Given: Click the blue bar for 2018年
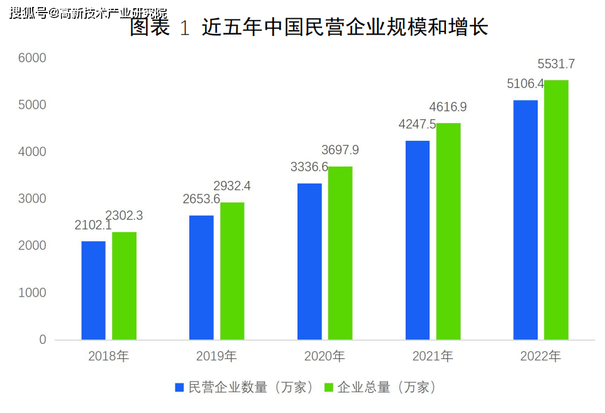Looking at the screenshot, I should coord(94,290).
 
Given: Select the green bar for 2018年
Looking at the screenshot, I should coord(125,286).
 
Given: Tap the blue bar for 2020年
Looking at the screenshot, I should coord(309,262).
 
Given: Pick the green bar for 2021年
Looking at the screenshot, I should coord(448,231).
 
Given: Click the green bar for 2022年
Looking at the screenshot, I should coord(556,210).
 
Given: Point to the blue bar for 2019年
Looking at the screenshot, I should coord(201,277).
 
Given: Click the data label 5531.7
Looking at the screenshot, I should coord(556,64).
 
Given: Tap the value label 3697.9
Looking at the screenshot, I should coord(340,150).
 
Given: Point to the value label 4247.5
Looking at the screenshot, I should coord(418,124).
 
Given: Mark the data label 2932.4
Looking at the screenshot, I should coord(232,186).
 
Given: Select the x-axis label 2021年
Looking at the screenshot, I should coord(433,356).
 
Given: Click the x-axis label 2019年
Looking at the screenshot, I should coord(216,356).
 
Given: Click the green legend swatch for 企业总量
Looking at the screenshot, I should coord(328,387).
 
